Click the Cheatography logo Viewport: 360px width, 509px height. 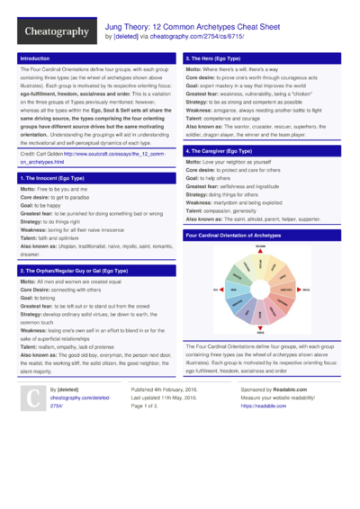56,32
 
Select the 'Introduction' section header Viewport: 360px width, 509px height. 36,58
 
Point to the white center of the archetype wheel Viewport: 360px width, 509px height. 260,290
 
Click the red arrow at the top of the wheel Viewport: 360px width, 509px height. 260,249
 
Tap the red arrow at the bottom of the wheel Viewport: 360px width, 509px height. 260,332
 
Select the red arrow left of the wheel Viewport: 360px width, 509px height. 217,290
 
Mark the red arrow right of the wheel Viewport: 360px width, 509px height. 304,290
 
